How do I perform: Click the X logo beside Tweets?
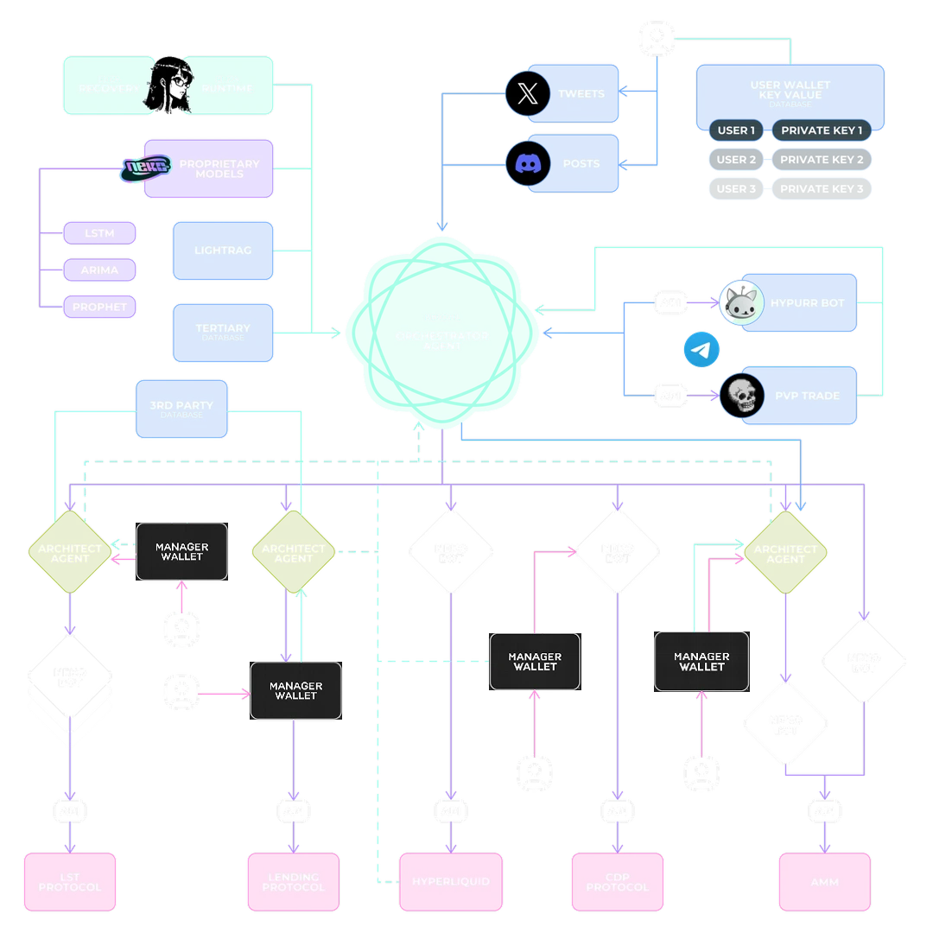(x=528, y=93)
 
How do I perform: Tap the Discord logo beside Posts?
(x=528, y=163)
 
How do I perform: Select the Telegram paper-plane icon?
(x=701, y=350)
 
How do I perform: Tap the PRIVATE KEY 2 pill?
(x=822, y=160)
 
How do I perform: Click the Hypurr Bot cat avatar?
(x=741, y=303)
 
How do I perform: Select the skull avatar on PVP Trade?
(x=741, y=396)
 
